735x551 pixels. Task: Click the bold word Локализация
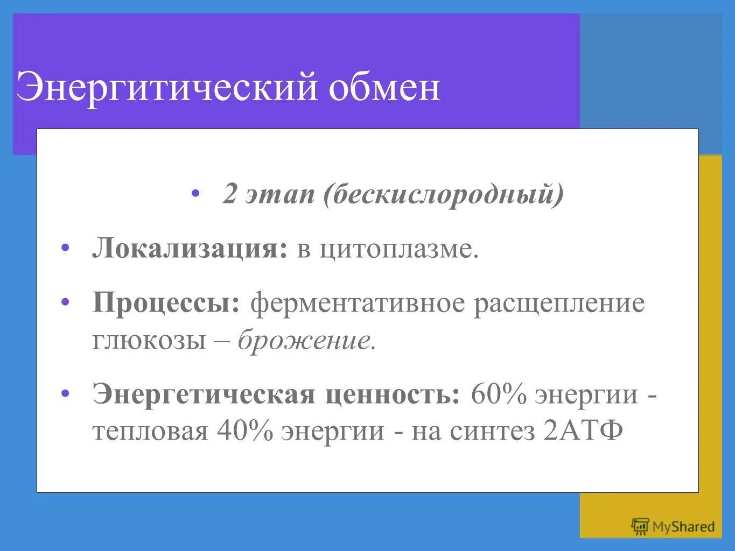point(190,249)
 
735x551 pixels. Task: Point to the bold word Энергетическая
point(203,394)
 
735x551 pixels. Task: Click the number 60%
point(498,394)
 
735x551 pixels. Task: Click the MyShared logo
point(673,526)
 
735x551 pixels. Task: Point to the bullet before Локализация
point(66,248)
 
